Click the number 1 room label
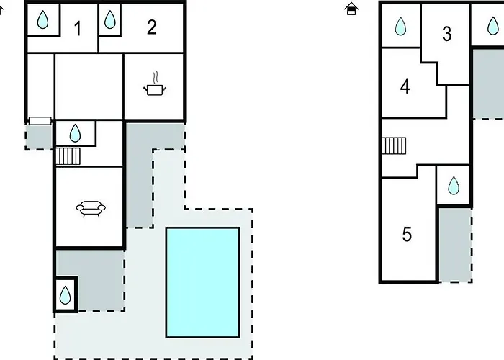click(77, 29)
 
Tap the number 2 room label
click(151, 27)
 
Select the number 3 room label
click(446, 33)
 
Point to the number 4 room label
click(405, 87)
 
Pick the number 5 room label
click(407, 235)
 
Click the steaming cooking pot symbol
click(155, 86)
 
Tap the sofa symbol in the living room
click(91, 208)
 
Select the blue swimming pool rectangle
click(202, 282)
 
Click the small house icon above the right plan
click(351, 9)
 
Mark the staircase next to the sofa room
click(68, 156)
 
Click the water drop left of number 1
click(42, 21)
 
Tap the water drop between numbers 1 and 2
click(110, 20)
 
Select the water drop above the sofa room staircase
click(75, 133)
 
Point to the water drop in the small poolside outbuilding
click(65, 295)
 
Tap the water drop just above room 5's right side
click(454, 186)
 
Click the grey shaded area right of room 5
click(454, 245)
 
